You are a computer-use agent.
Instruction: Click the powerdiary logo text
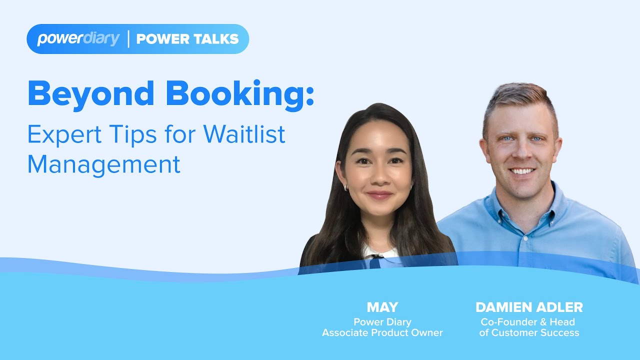point(78,39)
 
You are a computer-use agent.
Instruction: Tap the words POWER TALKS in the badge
point(187,39)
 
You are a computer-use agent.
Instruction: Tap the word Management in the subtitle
point(103,164)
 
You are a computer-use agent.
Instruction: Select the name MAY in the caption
point(382,307)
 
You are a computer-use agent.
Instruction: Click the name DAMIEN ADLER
point(529,307)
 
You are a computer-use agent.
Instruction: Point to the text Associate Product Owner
point(382,332)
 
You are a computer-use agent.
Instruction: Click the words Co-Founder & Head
point(528,321)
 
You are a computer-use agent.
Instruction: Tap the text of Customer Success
point(529,332)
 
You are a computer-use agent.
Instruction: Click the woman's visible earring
point(345,187)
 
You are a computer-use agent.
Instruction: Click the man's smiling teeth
point(522,171)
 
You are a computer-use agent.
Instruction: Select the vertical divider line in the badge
point(128,39)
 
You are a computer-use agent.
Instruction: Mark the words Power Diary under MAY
point(382,321)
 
